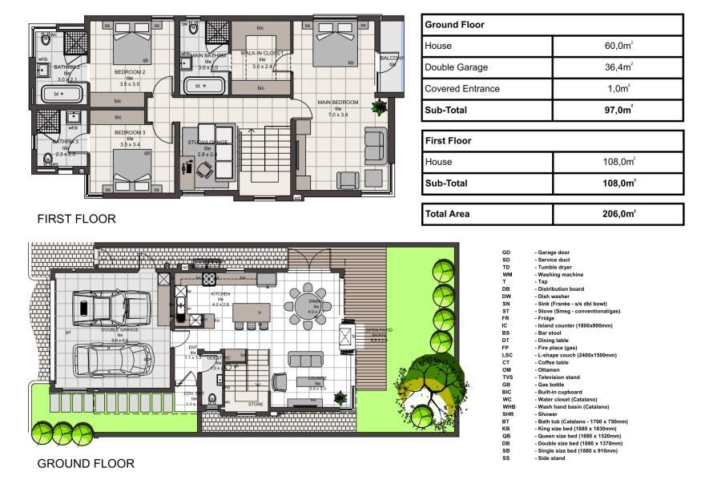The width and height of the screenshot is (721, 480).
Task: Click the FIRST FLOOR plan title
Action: pyautogui.click(x=77, y=219)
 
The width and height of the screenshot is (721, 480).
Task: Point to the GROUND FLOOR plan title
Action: pyautogui.click(x=86, y=463)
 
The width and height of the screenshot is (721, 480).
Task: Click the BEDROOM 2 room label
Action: pyautogui.click(x=129, y=72)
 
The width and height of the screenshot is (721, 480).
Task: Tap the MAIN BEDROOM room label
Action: pyautogui.click(x=337, y=103)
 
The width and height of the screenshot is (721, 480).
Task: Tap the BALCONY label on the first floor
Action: pyautogui.click(x=392, y=59)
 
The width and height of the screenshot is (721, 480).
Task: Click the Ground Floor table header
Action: pyautogui.click(x=454, y=25)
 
